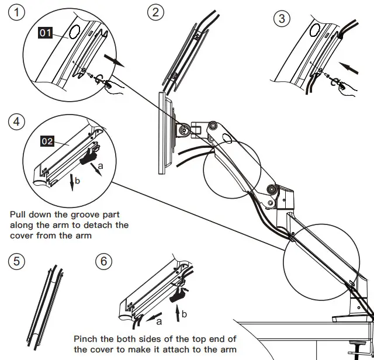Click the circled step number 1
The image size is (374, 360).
[17, 12]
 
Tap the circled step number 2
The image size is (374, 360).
[155, 12]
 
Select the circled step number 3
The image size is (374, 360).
[282, 18]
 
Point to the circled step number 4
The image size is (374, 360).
[16, 122]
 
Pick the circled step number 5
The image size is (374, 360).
[17, 261]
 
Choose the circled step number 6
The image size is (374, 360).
[103, 261]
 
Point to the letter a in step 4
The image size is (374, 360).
[101, 167]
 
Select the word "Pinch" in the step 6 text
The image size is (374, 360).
[86, 339]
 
